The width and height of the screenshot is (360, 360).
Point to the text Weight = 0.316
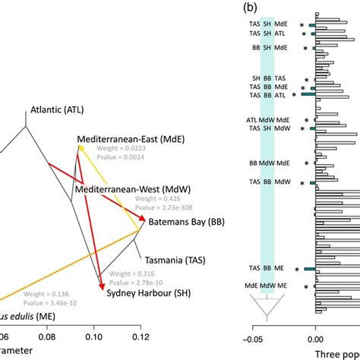[132, 273]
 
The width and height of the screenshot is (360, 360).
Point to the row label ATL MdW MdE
[268, 120]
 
